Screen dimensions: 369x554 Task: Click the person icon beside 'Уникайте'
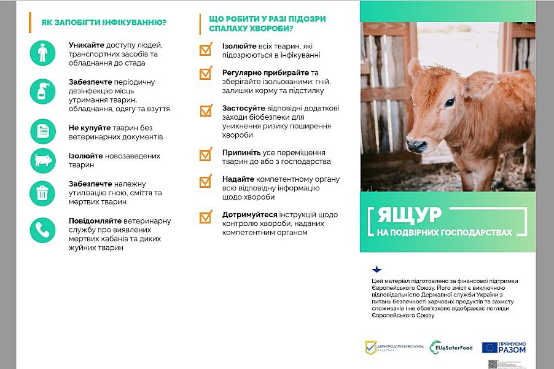(x=42, y=53)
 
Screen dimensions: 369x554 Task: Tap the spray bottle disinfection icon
(x=42, y=92)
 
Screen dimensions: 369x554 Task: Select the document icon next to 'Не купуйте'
(x=42, y=131)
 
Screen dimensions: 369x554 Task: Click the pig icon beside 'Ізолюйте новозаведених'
(x=42, y=161)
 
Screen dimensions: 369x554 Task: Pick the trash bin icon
(x=42, y=193)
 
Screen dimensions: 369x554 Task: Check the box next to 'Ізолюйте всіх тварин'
(x=206, y=50)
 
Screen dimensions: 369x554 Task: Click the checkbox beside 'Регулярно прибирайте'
(x=206, y=74)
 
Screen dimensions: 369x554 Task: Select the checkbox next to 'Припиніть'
(x=206, y=154)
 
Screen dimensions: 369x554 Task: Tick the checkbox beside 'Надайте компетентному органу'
(x=206, y=181)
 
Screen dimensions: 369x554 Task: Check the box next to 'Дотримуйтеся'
(x=206, y=217)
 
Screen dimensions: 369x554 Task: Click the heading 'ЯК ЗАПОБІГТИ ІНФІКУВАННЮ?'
(x=104, y=23)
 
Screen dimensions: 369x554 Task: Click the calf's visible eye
(x=450, y=103)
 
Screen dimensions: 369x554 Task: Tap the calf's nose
(x=415, y=146)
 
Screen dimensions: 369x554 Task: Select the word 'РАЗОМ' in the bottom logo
(x=512, y=351)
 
